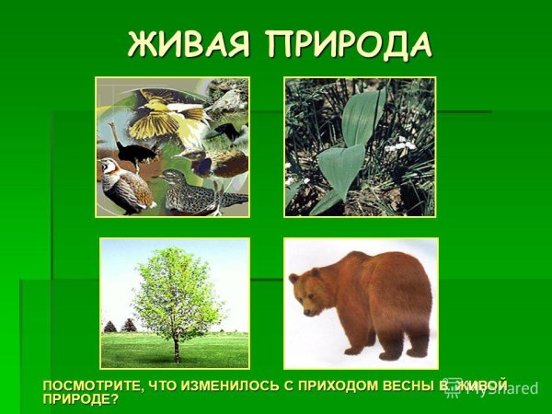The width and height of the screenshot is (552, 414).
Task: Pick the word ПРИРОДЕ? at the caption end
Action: [81, 398]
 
